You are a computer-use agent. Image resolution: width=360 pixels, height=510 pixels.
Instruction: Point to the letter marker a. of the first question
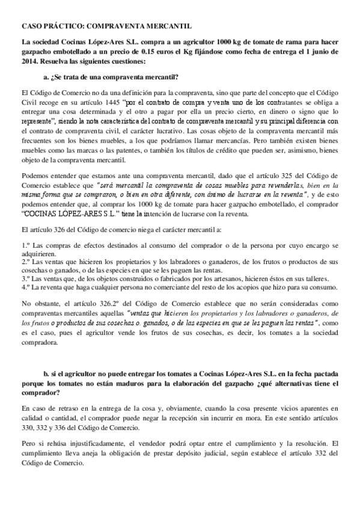point(47,77)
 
